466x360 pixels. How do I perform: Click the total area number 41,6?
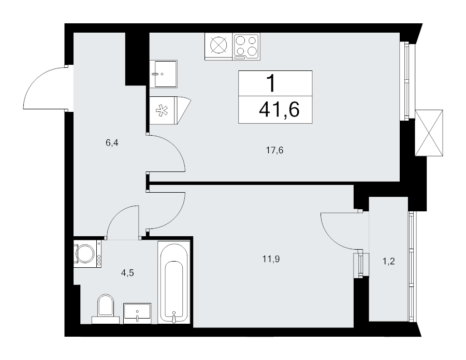pyautogui.click(x=279, y=110)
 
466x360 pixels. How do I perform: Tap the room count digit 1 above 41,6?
pyautogui.click(x=271, y=83)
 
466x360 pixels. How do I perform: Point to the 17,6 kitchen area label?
pyautogui.click(x=274, y=150)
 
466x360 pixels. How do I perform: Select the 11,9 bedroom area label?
pyautogui.click(x=271, y=259)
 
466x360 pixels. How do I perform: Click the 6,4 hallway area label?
pyautogui.click(x=112, y=143)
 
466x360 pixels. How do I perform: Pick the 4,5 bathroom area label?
pyautogui.click(x=127, y=273)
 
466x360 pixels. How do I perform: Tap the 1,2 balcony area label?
pyautogui.click(x=388, y=261)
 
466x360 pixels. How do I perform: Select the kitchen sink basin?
pyautogui.click(x=166, y=74)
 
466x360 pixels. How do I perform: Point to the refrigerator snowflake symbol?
pyautogui.click(x=162, y=110)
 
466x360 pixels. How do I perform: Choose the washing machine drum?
pyautogui.click(x=85, y=254)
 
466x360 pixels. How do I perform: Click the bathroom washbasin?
pyautogui.click(x=137, y=313)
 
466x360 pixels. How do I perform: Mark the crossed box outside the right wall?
pyautogui.click(x=429, y=133)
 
